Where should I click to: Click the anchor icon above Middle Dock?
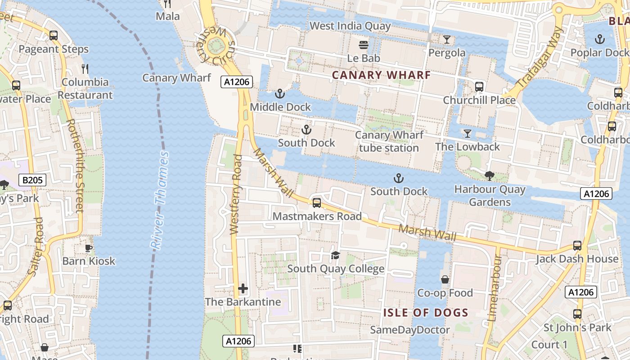tap(280, 94)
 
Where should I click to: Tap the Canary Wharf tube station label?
tap(389, 141)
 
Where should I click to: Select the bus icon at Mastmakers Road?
tap(317, 203)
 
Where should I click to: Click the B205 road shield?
tap(33, 180)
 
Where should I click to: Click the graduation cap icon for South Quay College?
tap(335, 256)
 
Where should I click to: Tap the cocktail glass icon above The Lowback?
tap(468, 133)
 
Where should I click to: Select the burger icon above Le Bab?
tap(364, 45)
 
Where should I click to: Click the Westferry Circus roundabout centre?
tap(216, 45)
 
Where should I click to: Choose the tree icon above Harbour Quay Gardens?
tap(490, 175)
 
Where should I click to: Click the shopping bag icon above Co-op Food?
tap(445, 279)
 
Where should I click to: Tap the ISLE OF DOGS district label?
tap(426, 312)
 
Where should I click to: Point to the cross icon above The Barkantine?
tap(243, 288)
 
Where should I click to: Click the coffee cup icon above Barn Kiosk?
tap(89, 247)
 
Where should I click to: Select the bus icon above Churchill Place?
tap(479, 86)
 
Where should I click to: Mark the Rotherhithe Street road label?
tap(75, 165)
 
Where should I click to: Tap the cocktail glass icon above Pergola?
tap(446, 39)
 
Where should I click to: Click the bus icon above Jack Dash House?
tap(577, 245)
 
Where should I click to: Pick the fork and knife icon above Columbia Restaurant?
tap(85, 68)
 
